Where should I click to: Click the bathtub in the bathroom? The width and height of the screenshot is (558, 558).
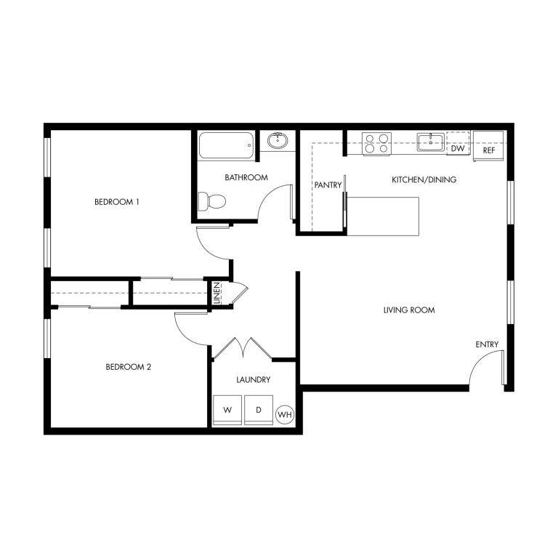coord(226,145)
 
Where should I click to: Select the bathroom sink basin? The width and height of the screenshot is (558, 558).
coord(278,140)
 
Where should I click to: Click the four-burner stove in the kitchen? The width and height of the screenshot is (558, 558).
coord(376,143)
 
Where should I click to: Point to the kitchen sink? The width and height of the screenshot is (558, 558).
coord(431,142)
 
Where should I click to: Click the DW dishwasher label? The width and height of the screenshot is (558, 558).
coord(458,148)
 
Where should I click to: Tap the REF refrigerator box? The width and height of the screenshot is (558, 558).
coord(488,146)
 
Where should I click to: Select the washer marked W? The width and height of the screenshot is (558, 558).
coord(227,410)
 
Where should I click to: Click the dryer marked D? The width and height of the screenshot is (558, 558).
coord(259,410)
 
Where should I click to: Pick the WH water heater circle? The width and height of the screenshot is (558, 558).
coord(285,415)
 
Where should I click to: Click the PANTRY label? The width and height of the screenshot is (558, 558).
coord(328,185)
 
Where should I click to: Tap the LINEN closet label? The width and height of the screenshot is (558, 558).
coord(217,293)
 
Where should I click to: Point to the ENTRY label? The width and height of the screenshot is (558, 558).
coord(487,344)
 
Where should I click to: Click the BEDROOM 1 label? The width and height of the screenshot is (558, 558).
coord(117,202)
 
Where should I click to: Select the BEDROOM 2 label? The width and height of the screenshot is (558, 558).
coord(129,367)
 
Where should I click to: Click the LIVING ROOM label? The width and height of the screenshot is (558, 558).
coord(409,310)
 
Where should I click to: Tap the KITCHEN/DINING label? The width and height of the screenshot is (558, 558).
coord(424,179)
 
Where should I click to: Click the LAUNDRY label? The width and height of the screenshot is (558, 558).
coord(254,380)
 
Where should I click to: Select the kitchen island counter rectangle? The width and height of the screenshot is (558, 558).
coord(383,216)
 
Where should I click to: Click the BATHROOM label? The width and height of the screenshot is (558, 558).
coord(246,177)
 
